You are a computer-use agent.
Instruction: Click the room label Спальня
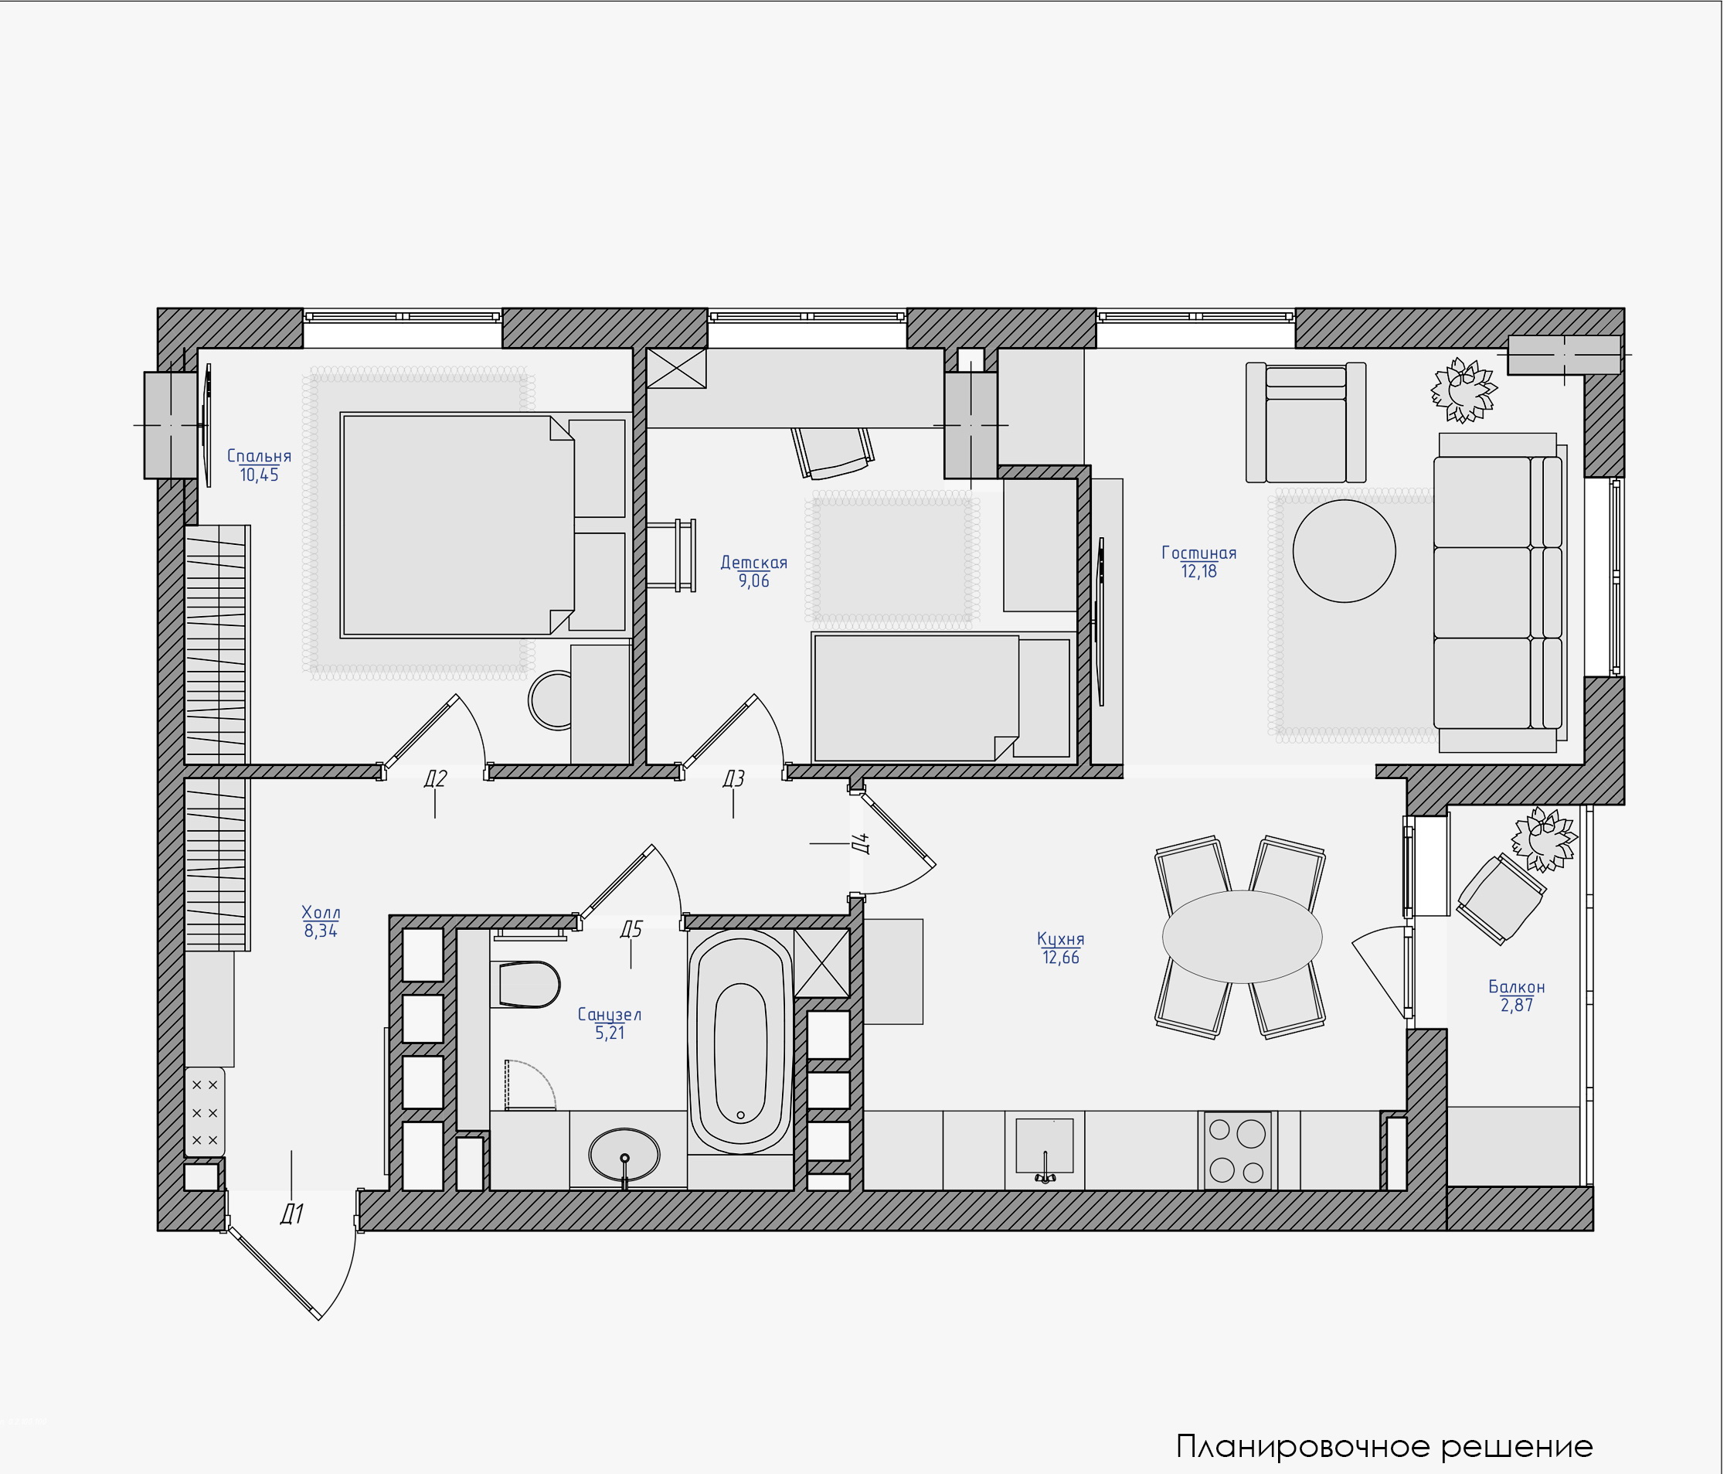259,456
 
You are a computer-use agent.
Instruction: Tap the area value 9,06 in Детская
753,581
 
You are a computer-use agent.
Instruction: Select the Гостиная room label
1198,553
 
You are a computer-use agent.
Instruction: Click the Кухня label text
1060,939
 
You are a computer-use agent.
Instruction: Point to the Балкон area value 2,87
1517,1006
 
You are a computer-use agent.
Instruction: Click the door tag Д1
292,1214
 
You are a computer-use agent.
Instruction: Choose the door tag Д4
864,844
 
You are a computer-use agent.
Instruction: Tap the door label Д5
631,929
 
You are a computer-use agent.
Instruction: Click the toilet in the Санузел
529,984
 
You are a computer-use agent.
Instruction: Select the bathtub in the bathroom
740,1041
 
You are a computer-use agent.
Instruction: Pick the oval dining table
1242,936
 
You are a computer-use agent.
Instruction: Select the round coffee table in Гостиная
1345,550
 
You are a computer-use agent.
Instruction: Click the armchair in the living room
1306,422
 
